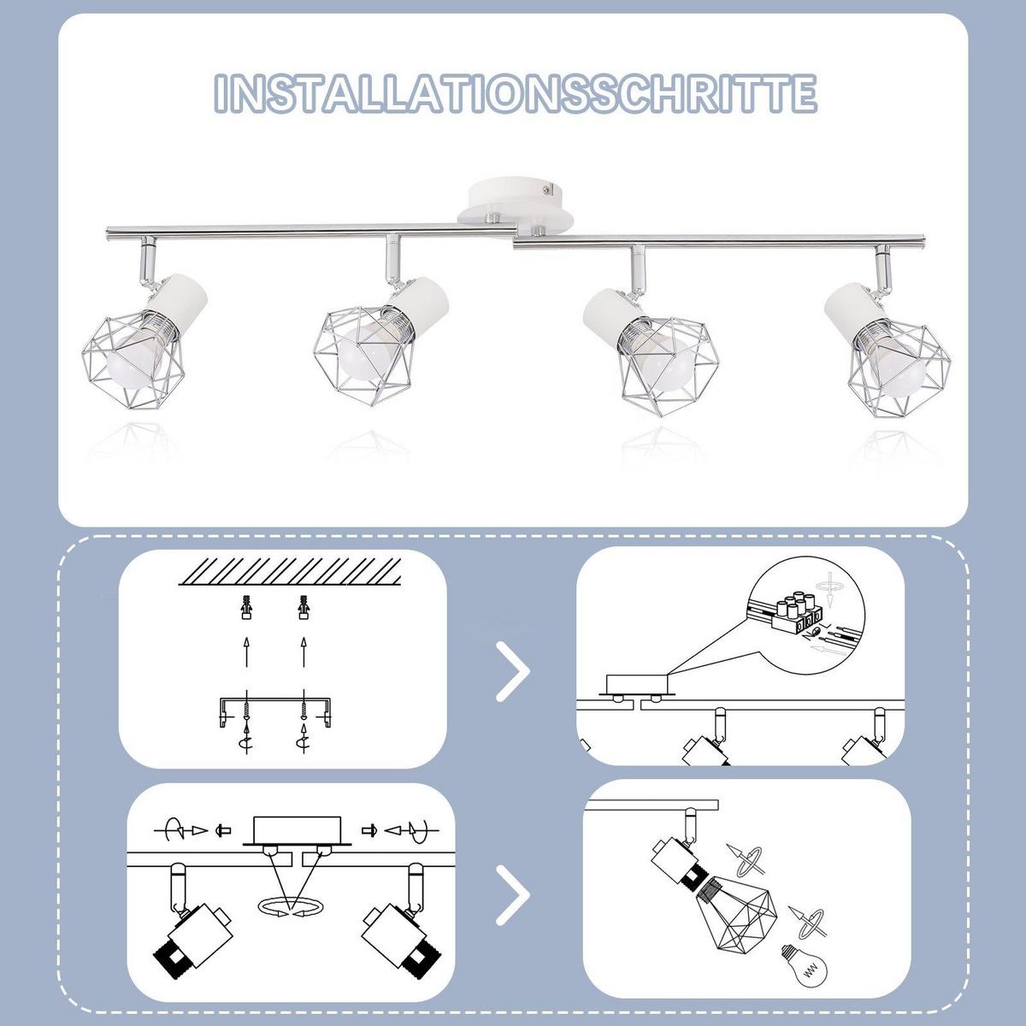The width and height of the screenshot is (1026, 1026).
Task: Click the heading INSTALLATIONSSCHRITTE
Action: click(x=516, y=94)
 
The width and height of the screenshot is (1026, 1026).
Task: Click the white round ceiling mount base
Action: click(x=516, y=208)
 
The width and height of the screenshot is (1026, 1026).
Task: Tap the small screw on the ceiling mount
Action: click(x=545, y=188)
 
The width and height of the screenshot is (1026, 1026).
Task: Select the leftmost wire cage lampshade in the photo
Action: click(x=133, y=361)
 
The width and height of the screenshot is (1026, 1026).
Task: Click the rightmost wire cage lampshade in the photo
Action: click(x=899, y=369)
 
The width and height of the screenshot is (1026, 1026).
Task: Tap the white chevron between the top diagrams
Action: click(x=512, y=671)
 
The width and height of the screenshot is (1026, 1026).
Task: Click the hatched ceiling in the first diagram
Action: click(x=290, y=571)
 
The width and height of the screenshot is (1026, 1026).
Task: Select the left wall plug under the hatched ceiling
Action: click(x=246, y=607)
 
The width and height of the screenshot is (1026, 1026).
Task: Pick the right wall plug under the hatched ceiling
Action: click(x=304, y=607)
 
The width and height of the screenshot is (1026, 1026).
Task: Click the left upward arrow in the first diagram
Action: click(x=246, y=652)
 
